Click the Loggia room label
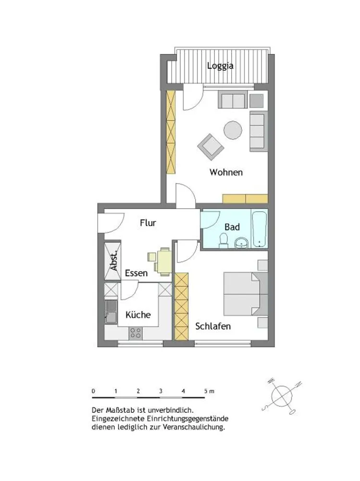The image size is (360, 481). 220,66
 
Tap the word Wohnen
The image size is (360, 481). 226,172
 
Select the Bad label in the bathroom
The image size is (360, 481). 232,227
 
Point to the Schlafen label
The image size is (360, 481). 213,326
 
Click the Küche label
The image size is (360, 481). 138,315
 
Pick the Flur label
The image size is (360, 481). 148,223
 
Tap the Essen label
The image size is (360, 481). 136,273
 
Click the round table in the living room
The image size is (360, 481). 233,130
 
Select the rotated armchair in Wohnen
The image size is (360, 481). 211,147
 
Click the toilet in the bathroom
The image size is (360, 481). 223,240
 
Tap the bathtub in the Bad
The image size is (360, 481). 260,229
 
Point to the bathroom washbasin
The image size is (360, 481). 243,242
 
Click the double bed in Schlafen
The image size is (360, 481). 246,294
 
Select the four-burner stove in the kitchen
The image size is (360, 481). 135,333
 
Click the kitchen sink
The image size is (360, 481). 111,312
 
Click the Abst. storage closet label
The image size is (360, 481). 114,261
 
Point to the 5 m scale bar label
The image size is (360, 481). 209,391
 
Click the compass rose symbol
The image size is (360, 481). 282,396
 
